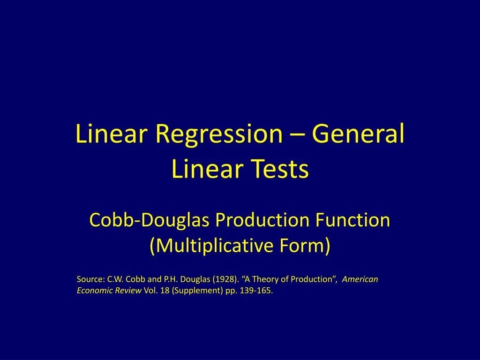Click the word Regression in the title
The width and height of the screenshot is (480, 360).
[x=219, y=134]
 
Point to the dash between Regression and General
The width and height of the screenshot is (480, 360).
[x=297, y=135]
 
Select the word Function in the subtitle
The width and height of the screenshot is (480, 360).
[x=352, y=220]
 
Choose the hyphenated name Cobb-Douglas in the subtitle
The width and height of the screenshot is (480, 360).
[x=150, y=220]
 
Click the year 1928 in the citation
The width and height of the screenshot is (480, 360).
[x=225, y=279]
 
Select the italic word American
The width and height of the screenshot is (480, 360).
[x=360, y=279]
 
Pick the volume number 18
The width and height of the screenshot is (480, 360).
[x=165, y=291]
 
